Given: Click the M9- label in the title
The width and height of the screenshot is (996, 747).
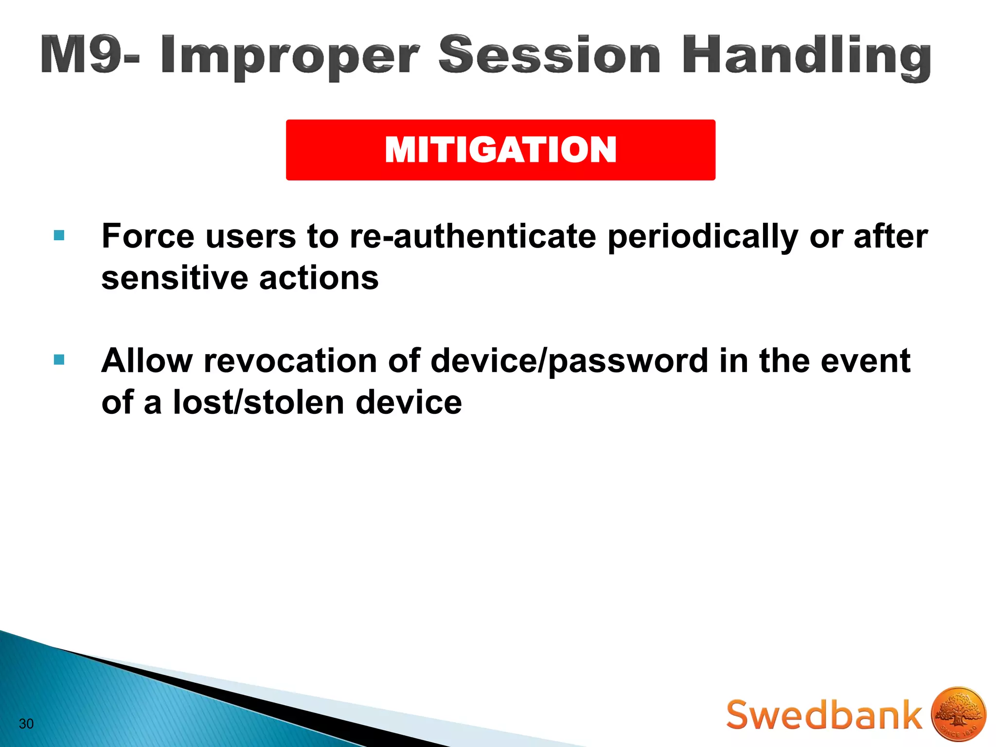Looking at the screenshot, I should pos(90,54).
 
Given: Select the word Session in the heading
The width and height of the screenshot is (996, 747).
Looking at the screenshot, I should pos(549,54).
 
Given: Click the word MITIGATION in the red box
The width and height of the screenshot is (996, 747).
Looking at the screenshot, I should pos(500,150).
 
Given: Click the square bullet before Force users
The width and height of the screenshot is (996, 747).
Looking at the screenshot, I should pos(59,236).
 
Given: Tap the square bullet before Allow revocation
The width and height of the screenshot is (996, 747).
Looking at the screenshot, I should pos(59,360).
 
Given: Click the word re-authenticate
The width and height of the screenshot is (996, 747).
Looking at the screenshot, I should pos(473,236).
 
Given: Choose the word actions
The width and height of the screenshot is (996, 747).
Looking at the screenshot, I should pos(319,278).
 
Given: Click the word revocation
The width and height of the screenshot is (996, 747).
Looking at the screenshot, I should pos(290,361).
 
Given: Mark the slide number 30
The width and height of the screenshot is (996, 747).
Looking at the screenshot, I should pos(26,724).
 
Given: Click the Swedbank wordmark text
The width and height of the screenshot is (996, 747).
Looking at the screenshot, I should pos(823,715).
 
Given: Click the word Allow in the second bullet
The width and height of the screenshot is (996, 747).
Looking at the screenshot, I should pos(147,361).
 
